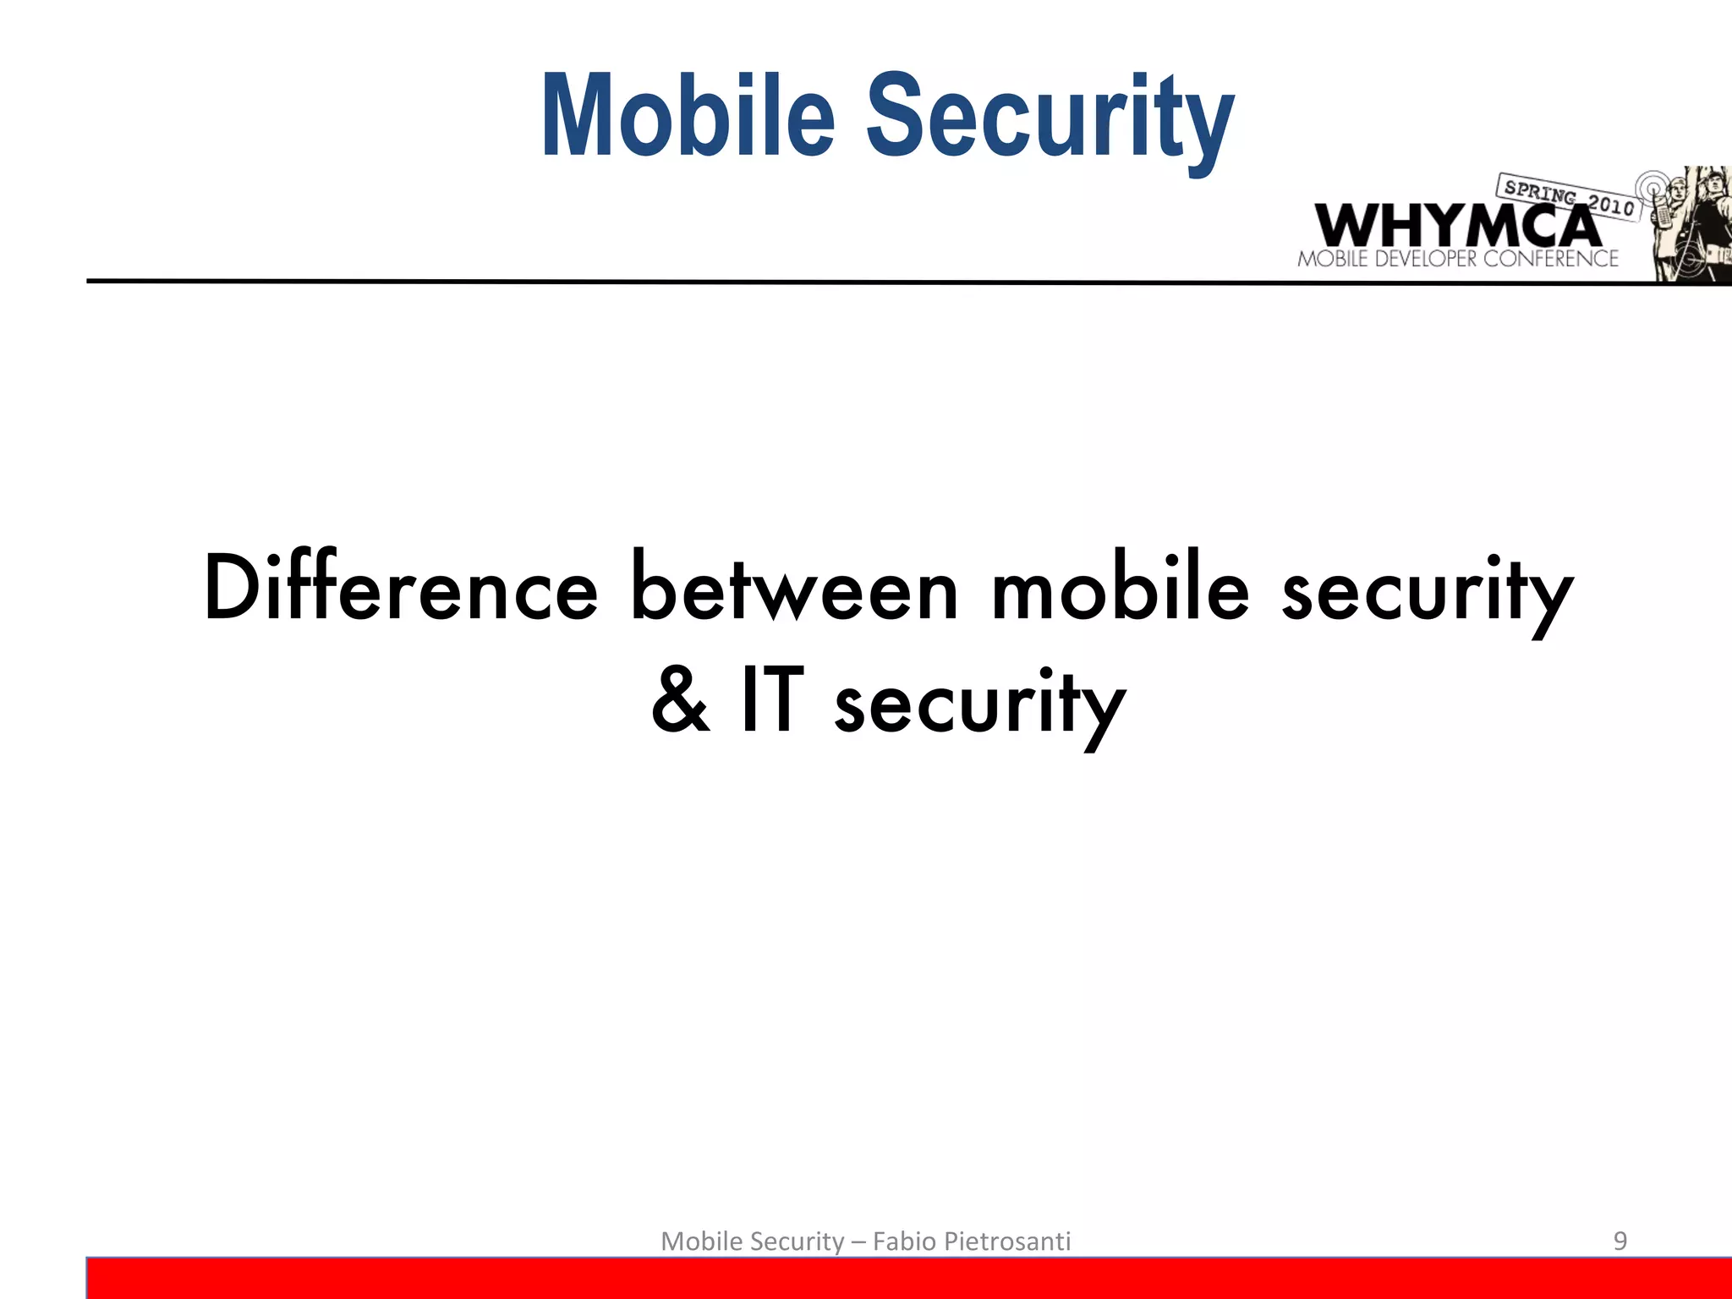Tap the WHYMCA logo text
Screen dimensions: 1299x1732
point(1456,225)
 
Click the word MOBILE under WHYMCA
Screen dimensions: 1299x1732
point(1333,259)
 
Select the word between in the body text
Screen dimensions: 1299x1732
point(795,589)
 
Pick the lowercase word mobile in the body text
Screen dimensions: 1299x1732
point(1120,589)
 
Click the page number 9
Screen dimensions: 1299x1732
point(1620,1241)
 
